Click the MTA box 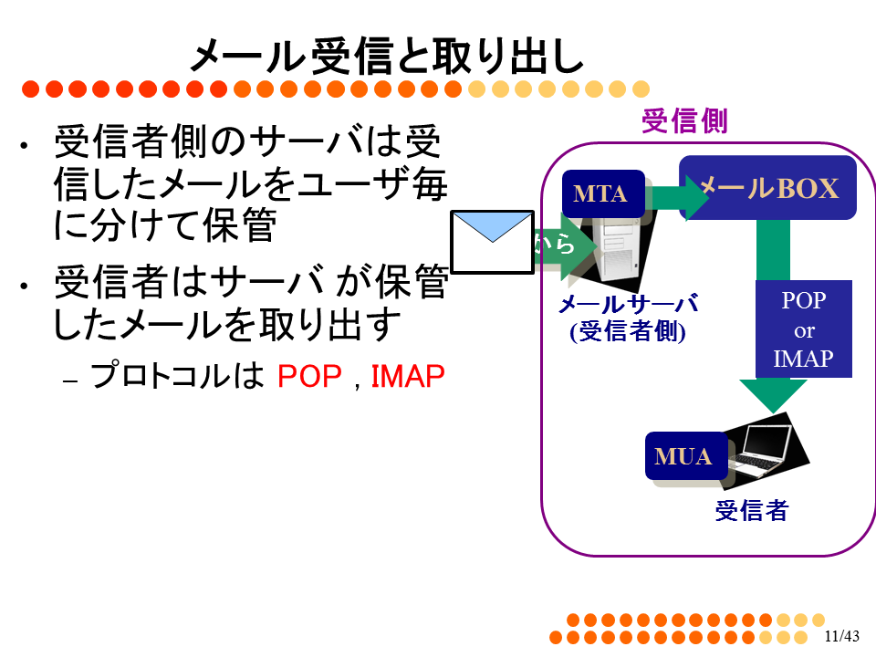pos(603,193)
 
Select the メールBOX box pos(768,188)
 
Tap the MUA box pos(686,456)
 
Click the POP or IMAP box pos(804,329)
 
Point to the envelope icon pos(492,242)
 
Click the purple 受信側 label pos(684,121)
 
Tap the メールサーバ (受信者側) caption pos(628,318)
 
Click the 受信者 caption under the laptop pos(752,511)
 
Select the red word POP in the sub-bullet pos(309,376)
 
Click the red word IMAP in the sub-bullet pos(408,376)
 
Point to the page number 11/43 pos(842,636)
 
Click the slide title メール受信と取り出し pos(387,56)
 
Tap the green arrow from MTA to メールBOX pos(677,197)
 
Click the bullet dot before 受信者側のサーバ pos(24,146)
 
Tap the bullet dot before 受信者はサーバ pos(24,286)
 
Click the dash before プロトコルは pos(70,381)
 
